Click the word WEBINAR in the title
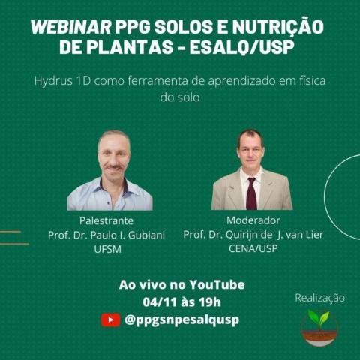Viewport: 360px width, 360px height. click(71, 27)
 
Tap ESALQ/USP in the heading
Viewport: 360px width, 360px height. click(241, 47)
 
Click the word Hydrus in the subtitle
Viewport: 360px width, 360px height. click(53, 82)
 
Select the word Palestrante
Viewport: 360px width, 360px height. click(106, 220)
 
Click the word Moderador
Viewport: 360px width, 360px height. click(253, 220)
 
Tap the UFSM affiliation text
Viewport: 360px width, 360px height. click(107, 249)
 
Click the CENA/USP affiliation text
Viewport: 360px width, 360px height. click(253, 248)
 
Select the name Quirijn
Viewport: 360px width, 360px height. click(242, 235)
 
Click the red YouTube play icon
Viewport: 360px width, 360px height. click(110, 319)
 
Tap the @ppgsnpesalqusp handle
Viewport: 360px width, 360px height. click(182, 319)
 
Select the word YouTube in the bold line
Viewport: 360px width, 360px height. click(217, 285)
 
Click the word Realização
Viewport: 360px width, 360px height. click(319, 298)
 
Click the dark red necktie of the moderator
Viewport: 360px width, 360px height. click(251, 193)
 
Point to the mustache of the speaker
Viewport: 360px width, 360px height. click(114, 167)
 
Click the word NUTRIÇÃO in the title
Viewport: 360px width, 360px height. click(278, 26)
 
